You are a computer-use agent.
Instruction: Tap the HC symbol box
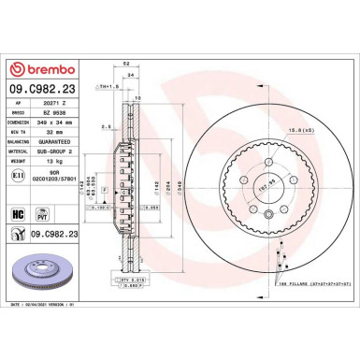17,215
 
